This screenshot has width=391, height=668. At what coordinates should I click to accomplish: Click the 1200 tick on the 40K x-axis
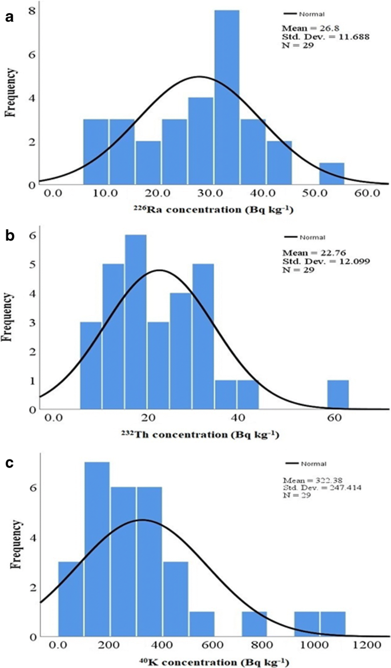tap(363, 645)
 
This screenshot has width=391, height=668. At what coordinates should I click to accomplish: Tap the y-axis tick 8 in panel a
tap(33, 11)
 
